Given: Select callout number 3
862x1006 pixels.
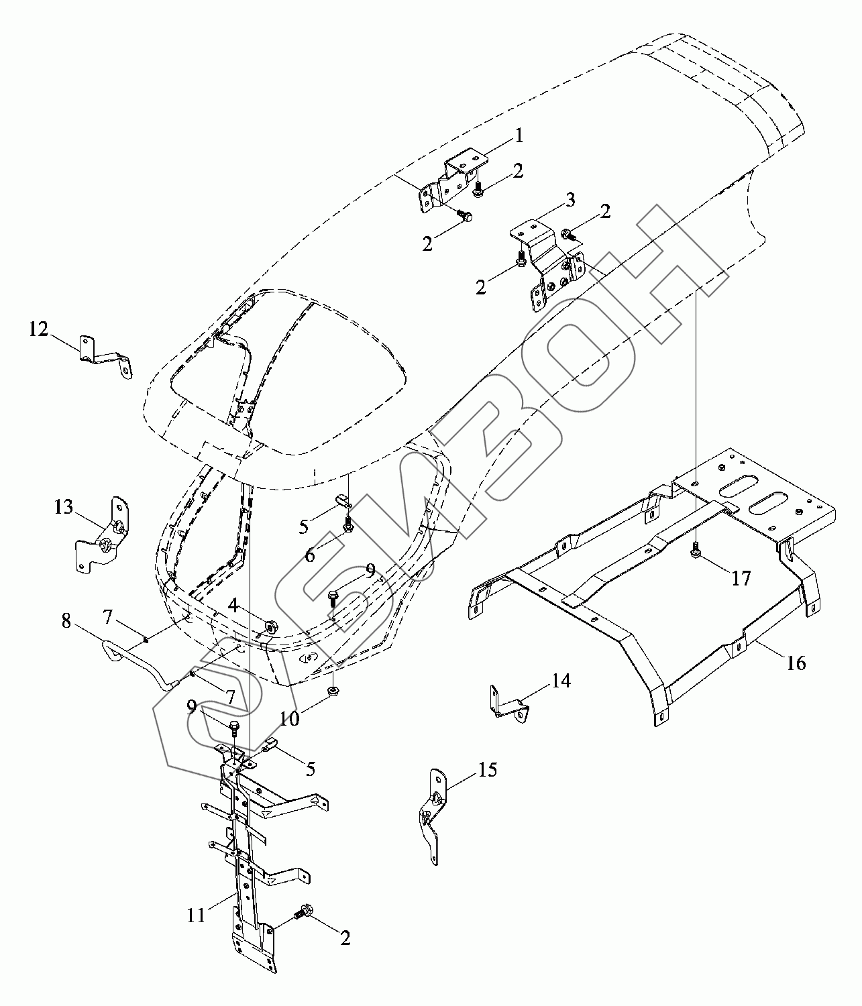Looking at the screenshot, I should click(570, 199).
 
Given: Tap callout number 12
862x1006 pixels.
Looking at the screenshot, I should click(39, 329).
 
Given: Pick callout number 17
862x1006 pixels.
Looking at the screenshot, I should click(741, 577).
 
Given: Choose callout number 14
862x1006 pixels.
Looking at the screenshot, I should click(561, 681).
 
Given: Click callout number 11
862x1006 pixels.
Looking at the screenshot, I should click(195, 915).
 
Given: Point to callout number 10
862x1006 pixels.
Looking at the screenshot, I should click(290, 718).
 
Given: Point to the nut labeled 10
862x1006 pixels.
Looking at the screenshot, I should click(332, 690).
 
